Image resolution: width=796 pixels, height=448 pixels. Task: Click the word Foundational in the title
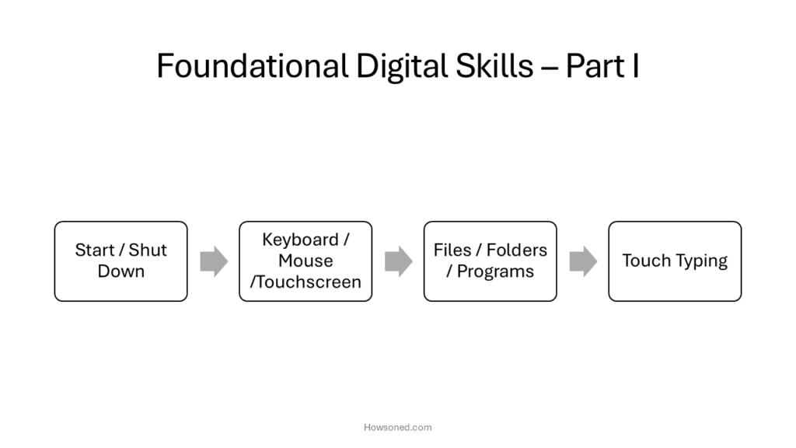tap(253, 65)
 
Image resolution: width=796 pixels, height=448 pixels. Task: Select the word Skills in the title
tap(494, 65)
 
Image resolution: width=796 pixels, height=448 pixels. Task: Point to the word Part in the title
tap(595, 66)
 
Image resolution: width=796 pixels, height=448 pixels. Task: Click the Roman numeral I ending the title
tap(636, 66)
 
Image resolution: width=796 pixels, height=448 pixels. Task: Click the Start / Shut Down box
tap(120, 261)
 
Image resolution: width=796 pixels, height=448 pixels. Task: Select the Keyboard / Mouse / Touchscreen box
tap(305, 261)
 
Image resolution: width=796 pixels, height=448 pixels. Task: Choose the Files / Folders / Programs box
tap(491, 261)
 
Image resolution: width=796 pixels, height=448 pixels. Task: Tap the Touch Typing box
tap(676, 261)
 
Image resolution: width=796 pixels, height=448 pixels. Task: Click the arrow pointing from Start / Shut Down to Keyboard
tap(214, 261)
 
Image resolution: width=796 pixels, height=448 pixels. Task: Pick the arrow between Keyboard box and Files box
tap(399, 261)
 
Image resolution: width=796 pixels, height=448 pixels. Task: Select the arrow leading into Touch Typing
tap(583, 261)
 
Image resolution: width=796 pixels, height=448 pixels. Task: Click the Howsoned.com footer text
tap(398, 428)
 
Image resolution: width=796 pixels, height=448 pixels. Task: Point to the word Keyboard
tap(300, 240)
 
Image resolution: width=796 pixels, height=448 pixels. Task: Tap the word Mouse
tap(305, 261)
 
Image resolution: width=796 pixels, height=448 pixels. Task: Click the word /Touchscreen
tap(305, 282)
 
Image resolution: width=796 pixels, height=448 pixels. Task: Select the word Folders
tap(517, 250)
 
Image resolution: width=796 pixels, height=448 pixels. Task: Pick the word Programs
tap(495, 271)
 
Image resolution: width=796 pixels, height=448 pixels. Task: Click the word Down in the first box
tap(120, 271)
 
